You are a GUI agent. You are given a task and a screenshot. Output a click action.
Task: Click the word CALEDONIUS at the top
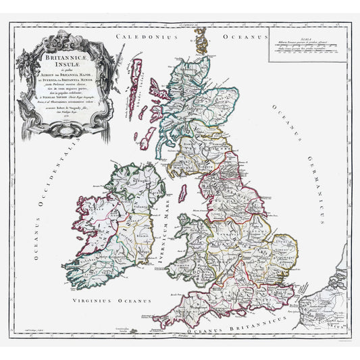[x=145, y=36]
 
